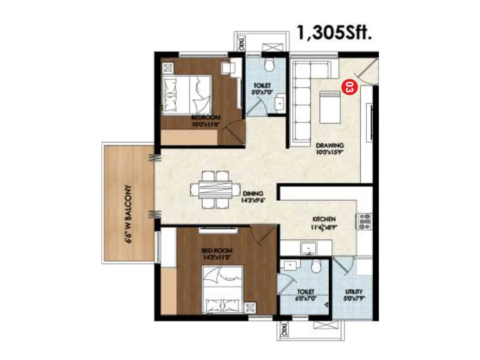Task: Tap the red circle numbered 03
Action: (x=349, y=87)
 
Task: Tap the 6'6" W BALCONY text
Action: (x=128, y=214)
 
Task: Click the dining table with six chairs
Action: (x=215, y=190)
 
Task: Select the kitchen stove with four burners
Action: (x=364, y=221)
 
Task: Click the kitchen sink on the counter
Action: (x=308, y=248)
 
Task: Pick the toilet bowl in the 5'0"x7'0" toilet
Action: (x=269, y=65)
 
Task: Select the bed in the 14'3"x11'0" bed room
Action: (x=222, y=289)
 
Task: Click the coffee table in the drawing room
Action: (x=330, y=107)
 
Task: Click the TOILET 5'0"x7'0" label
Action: (x=262, y=89)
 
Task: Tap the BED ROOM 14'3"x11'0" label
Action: (x=217, y=254)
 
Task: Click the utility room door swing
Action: (x=345, y=265)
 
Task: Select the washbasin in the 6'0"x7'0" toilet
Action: (x=290, y=265)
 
